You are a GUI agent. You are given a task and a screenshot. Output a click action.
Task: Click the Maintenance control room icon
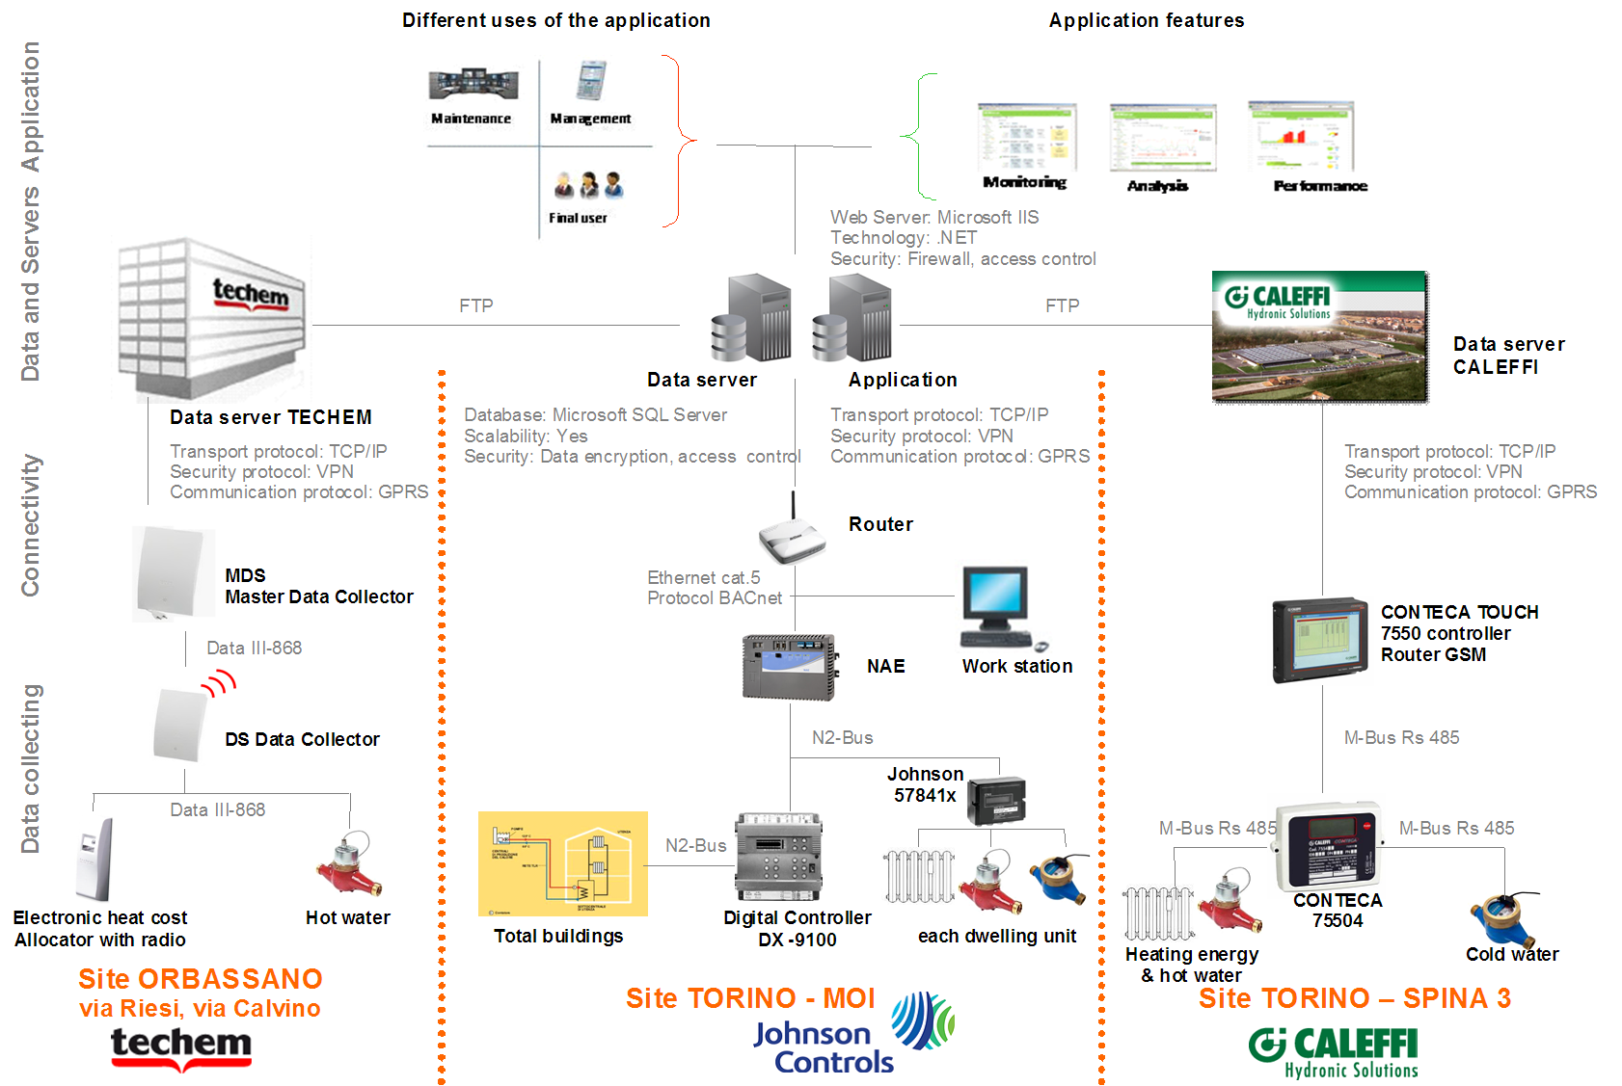(473, 84)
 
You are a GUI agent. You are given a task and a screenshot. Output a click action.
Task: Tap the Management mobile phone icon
(590, 81)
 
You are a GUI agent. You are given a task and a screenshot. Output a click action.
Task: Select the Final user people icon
(588, 184)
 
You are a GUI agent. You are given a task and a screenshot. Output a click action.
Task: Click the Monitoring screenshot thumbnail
(1026, 137)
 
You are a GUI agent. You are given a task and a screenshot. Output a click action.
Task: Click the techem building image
(212, 318)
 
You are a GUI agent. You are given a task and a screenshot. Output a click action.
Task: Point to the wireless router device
(792, 536)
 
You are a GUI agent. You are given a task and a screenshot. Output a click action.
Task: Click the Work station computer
(997, 608)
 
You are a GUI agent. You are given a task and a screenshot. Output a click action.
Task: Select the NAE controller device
(789, 666)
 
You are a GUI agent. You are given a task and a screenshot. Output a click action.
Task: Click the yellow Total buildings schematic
(562, 863)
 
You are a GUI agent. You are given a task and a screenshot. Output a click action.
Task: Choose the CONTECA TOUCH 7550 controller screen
(1320, 639)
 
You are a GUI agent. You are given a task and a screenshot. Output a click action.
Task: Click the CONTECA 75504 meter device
(1330, 846)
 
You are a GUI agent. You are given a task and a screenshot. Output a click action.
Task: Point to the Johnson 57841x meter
(997, 800)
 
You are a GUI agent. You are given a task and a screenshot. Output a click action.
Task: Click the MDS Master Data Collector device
(174, 572)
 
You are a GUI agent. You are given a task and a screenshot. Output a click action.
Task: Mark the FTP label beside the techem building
(476, 305)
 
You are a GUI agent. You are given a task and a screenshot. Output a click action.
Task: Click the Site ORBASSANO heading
(201, 979)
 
